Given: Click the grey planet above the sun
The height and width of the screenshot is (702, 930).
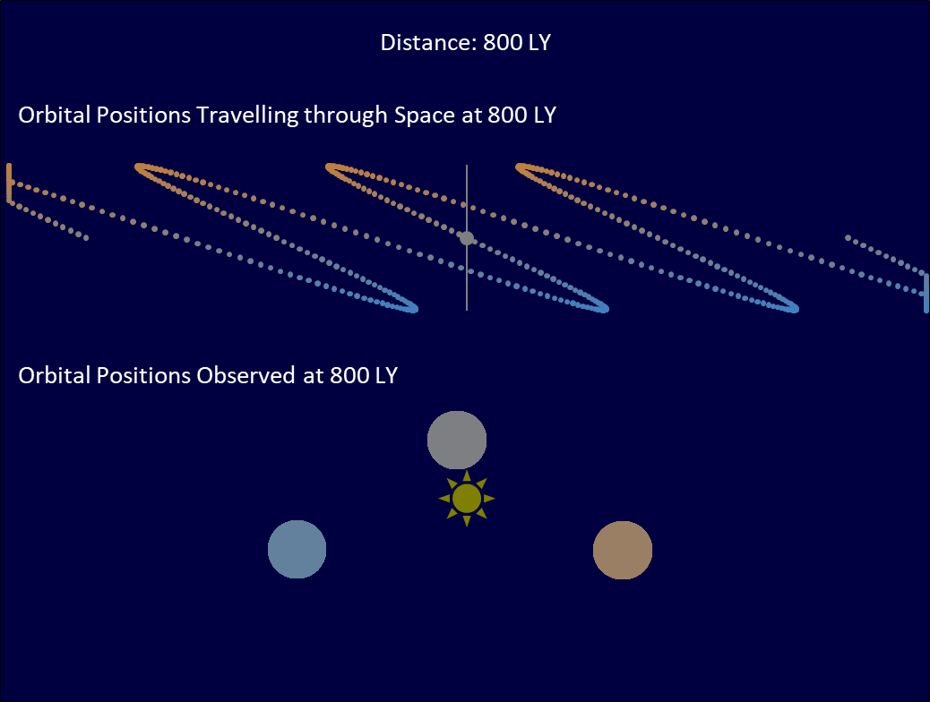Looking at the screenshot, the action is pyautogui.click(x=457, y=440).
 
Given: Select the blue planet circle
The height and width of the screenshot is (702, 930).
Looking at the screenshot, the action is pyautogui.click(x=297, y=549).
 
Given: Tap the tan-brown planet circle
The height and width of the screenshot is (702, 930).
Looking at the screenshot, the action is pyautogui.click(x=623, y=550).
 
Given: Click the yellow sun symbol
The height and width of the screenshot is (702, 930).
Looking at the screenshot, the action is pyautogui.click(x=467, y=499).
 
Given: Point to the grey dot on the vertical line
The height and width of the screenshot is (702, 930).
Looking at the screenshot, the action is pyautogui.click(x=467, y=238).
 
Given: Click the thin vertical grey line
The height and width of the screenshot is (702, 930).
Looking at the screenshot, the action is pyautogui.click(x=467, y=237).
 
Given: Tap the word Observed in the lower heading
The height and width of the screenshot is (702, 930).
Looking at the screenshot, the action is pyautogui.click(x=245, y=375).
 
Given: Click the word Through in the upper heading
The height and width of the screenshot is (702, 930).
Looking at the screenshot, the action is pyautogui.click(x=346, y=115).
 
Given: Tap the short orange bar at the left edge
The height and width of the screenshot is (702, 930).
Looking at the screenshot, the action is pyautogui.click(x=9, y=184).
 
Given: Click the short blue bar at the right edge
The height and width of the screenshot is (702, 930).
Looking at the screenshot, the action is pyautogui.click(x=926, y=293).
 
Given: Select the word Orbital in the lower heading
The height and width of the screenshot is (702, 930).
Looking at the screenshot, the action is pyautogui.click(x=54, y=375).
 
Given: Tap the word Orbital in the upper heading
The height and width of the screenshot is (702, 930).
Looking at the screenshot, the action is pyautogui.click(x=54, y=115).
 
